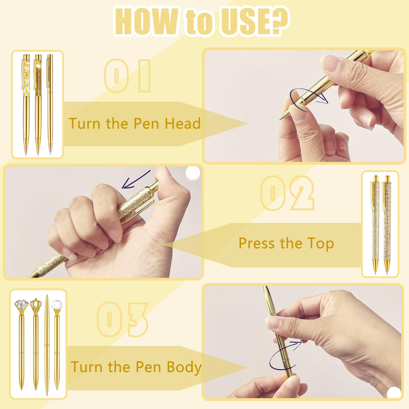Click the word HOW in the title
[146, 22]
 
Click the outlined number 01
[127, 76]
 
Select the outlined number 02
[287, 193]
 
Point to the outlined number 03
[123, 319]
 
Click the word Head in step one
[183, 123]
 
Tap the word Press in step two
[257, 244]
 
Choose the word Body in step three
[184, 367]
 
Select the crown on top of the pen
[36, 304]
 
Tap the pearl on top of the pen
[57, 305]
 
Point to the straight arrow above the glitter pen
[136, 179]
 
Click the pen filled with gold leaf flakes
[26, 104]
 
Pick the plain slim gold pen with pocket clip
[50, 104]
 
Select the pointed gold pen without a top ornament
[47, 345]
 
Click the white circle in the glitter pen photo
[193, 173]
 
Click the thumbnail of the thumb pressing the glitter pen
[103, 222]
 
